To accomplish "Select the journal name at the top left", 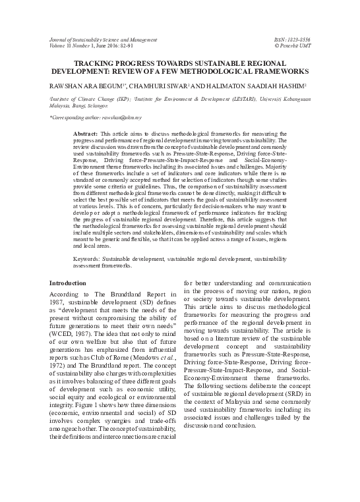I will point(98,40).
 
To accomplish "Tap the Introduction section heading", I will point(68,283).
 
